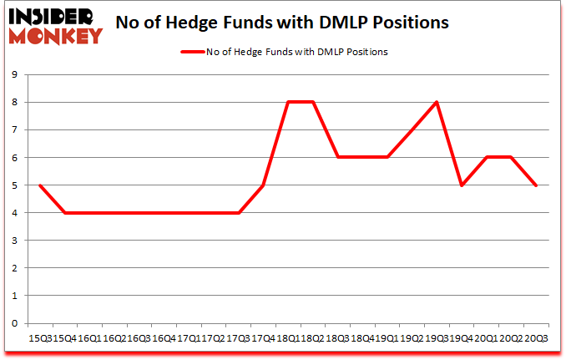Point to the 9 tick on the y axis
click(x=16, y=75)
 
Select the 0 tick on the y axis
click(x=16, y=323)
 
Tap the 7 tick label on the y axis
click(x=16, y=130)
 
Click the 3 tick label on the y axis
click(x=16, y=241)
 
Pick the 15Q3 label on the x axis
click(x=39, y=337)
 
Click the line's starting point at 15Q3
click(x=39, y=185)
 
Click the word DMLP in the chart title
click(x=336, y=23)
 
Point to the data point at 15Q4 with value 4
click(x=64, y=213)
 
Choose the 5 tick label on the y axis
click(x=16, y=185)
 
